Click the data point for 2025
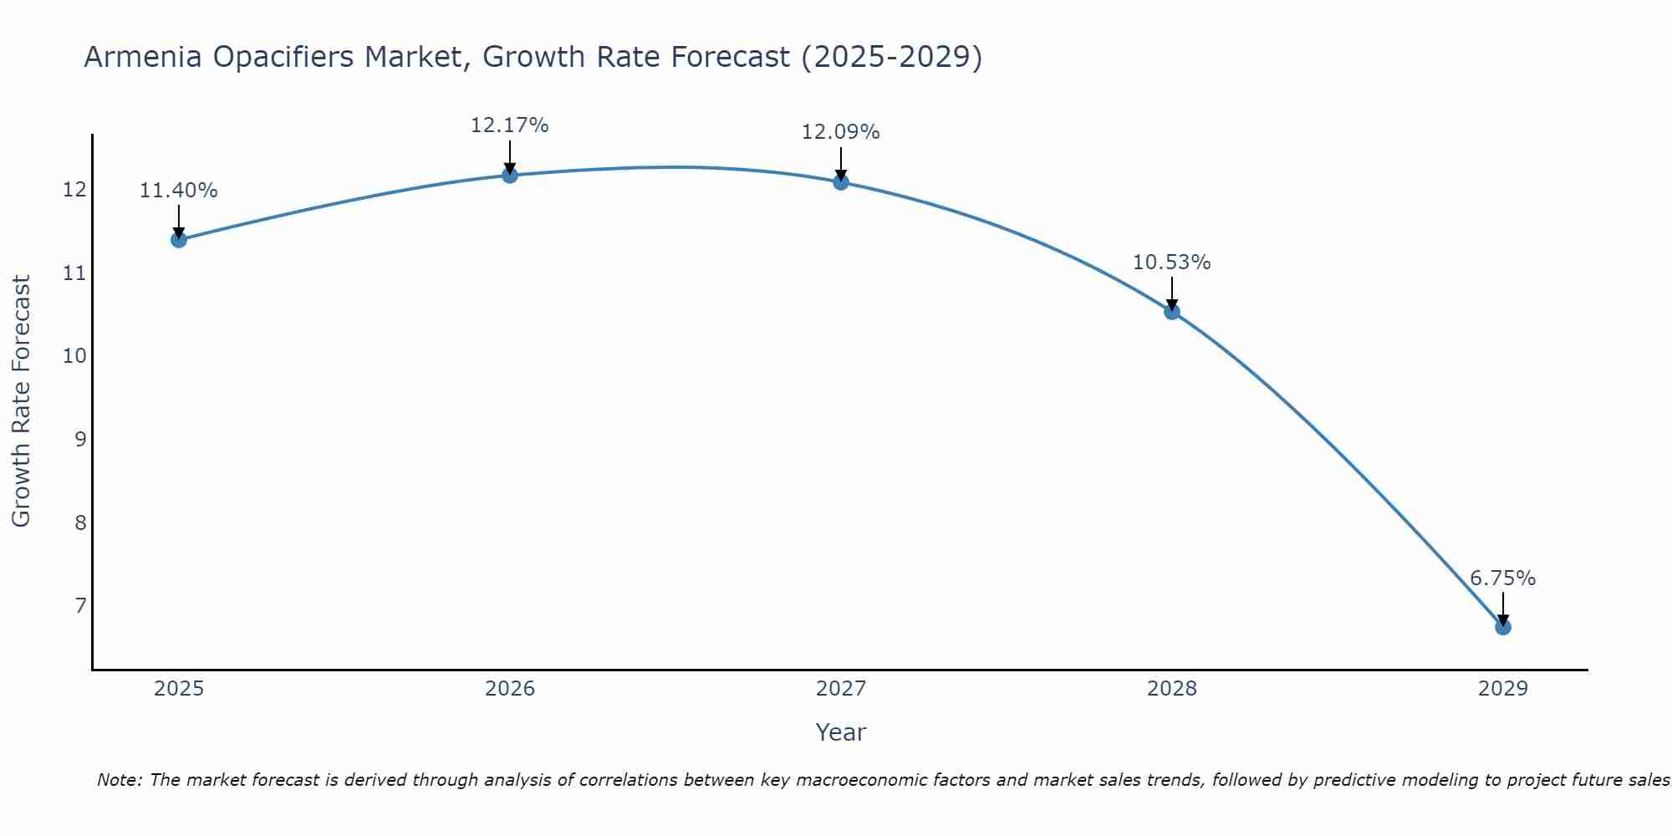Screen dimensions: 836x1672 click(178, 240)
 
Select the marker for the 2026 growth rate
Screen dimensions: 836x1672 click(510, 175)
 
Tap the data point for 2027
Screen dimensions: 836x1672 click(841, 181)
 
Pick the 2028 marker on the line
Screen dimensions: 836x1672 click(1172, 312)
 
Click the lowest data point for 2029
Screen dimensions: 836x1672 click(1503, 627)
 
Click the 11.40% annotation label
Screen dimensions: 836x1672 click(178, 191)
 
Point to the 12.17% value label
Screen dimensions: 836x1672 click(510, 125)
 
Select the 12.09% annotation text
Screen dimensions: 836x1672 click(841, 132)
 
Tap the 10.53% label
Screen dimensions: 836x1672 click(1172, 263)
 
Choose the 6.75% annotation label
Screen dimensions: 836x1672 click(1503, 579)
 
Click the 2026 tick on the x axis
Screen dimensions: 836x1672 click(510, 689)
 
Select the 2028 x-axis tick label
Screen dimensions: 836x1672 click(1172, 689)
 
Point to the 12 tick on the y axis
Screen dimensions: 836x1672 click(74, 190)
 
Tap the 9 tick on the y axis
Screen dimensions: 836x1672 click(80, 439)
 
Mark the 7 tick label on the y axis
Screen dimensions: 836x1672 click(80, 605)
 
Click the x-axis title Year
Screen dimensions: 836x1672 click(841, 732)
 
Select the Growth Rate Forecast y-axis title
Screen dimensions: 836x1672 click(21, 401)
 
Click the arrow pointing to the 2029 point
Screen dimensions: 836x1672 click(1503, 609)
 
